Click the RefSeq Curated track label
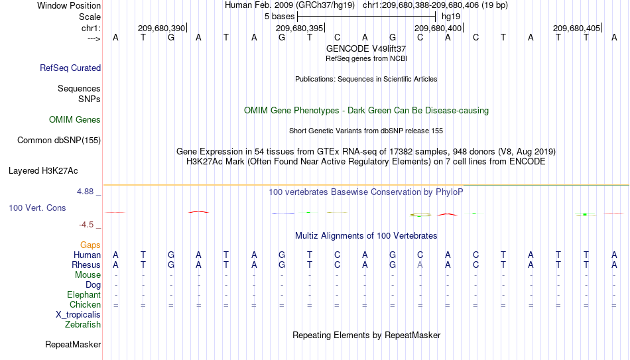[x=70, y=68]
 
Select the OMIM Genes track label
[x=75, y=120]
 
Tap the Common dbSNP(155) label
[x=59, y=141]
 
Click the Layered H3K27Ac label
[x=43, y=171]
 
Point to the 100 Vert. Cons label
[x=37, y=208]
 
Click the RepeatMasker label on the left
[x=73, y=344]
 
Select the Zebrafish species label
[x=83, y=325]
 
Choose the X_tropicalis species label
[x=78, y=315]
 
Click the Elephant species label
[x=84, y=295]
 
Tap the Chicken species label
[x=85, y=305]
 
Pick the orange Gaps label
[x=90, y=245]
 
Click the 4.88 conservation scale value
[x=85, y=192]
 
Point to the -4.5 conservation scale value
[x=86, y=225]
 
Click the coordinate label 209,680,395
[x=299, y=29]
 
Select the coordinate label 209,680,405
[x=576, y=29]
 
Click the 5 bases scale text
[x=280, y=17]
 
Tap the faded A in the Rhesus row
[x=420, y=265]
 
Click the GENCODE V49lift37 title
[x=366, y=48]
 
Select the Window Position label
[x=69, y=5]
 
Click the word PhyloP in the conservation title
[x=449, y=192]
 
